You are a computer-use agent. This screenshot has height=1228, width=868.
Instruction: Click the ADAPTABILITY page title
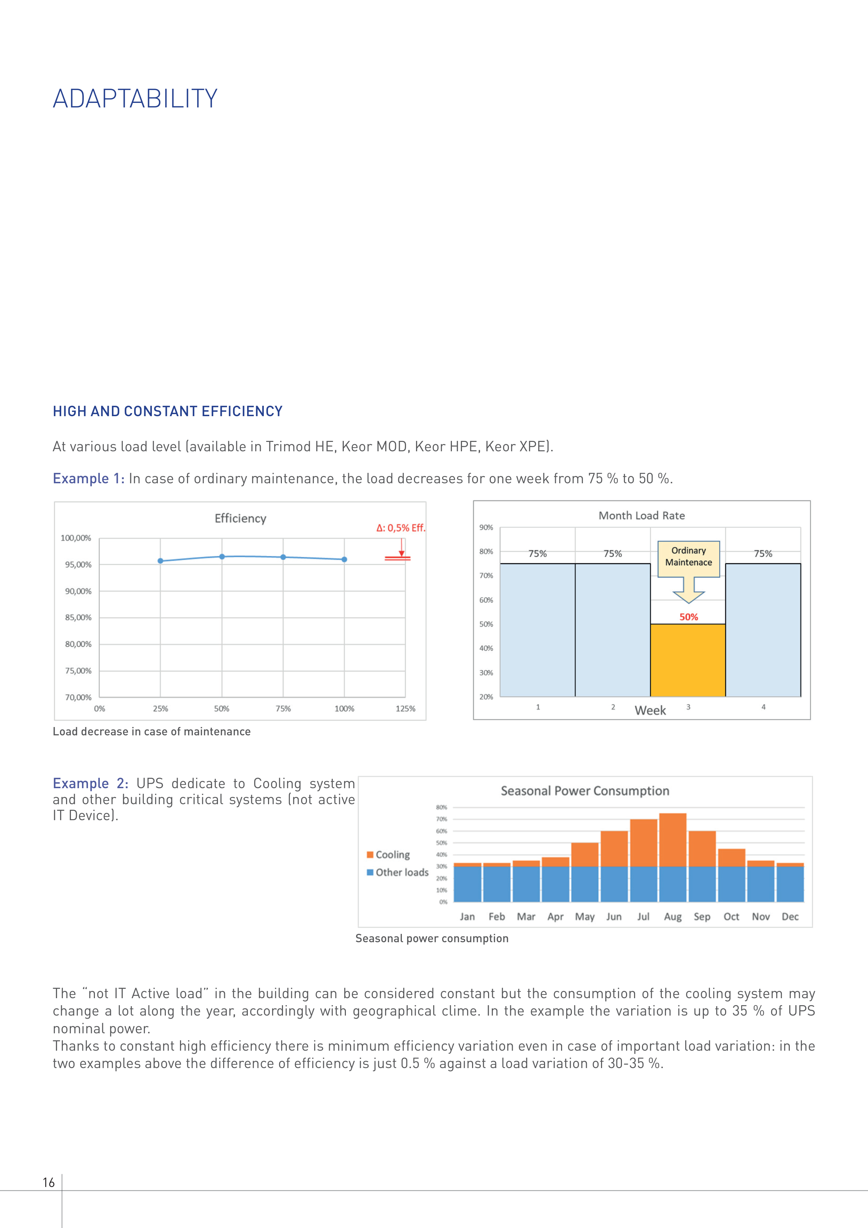pyautogui.click(x=135, y=99)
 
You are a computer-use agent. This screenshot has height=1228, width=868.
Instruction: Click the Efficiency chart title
pyautogui.click(x=240, y=518)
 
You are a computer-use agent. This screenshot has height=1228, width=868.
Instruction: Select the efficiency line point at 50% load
pyautogui.click(x=222, y=557)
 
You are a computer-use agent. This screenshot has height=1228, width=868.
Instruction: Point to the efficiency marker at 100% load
pyautogui.click(x=344, y=559)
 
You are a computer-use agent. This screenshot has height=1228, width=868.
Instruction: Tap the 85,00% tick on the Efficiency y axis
pyautogui.click(x=78, y=618)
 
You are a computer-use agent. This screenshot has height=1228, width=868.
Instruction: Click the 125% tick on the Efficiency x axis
pyautogui.click(x=405, y=709)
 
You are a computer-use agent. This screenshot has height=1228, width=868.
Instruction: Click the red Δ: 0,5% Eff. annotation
pyautogui.click(x=400, y=528)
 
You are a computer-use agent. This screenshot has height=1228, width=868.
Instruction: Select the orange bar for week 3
pyautogui.click(x=688, y=661)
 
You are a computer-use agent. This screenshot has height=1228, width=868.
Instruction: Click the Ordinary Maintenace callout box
pyautogui.click(x=688, y=557)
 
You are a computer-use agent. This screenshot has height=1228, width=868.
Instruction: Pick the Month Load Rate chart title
pyautogui.click(x=641, y=516)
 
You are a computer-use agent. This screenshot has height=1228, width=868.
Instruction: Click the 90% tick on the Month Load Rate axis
pyautogui.click(x=486, y=527)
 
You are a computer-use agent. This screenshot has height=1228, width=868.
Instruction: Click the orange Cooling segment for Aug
pyautogui.click(x=673, y=840)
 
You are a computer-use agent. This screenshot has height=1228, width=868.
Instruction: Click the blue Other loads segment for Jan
pyautogui.click(x=468, y=884)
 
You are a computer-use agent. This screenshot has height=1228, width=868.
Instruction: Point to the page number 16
pyautogui.click(x=49, y=1182)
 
